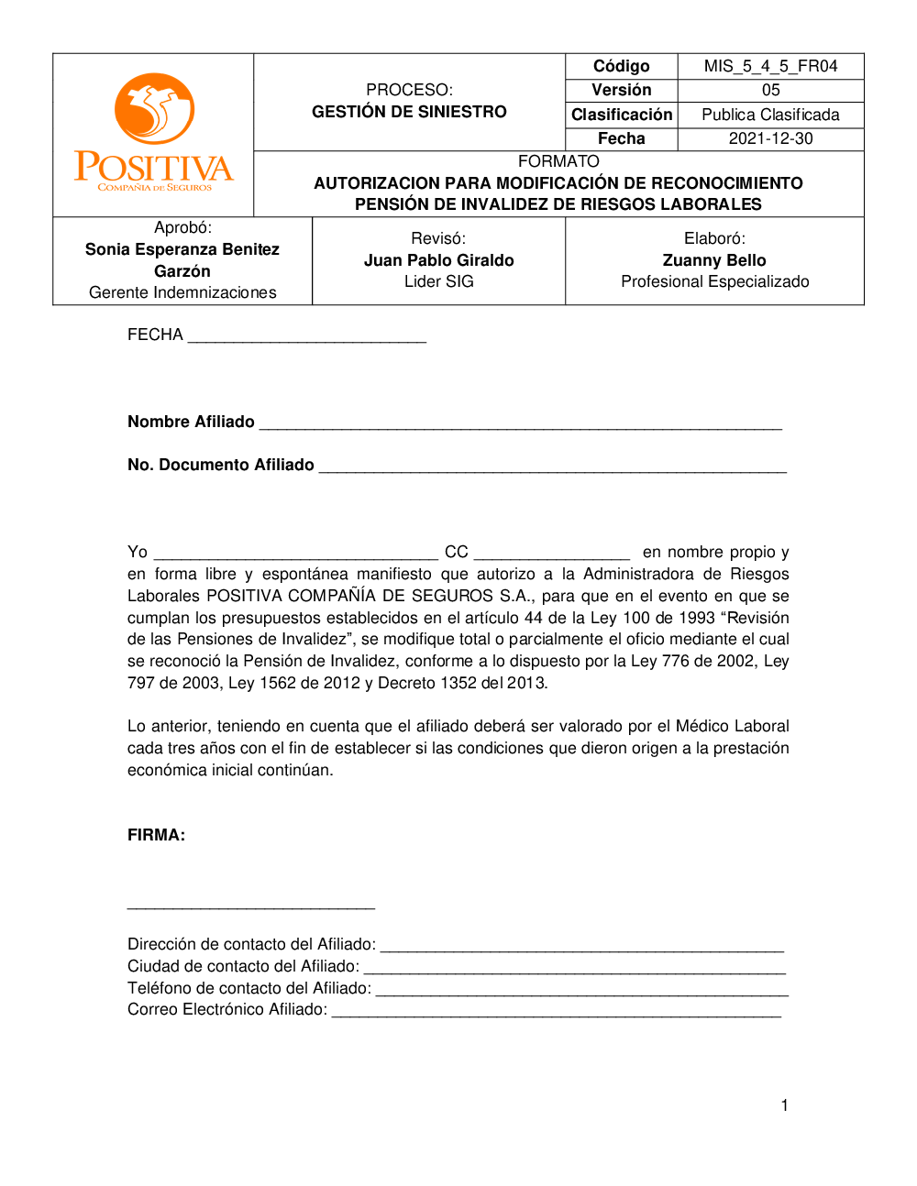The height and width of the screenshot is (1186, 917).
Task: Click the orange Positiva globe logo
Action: coord(154,108)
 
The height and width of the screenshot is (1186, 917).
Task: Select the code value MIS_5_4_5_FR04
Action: coord(770,66)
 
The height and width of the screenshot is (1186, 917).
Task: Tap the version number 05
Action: coord(770,90)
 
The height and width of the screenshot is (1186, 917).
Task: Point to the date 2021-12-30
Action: coord(770,138)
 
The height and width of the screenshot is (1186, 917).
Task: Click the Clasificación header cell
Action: coord(622,115)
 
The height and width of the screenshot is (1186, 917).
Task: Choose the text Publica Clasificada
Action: coord(770,115)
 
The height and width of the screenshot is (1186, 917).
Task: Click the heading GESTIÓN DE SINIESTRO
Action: coord(409,112)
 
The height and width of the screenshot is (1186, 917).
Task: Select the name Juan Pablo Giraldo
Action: coord(438,260)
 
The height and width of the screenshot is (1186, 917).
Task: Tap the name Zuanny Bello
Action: coord(714,260)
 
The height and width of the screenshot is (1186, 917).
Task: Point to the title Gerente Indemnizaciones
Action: coord(182,292)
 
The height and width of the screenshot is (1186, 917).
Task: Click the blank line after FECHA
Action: coord(306,338)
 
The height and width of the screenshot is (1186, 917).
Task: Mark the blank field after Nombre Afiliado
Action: coord(520,425)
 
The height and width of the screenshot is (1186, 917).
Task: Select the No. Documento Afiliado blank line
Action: coord(552,468)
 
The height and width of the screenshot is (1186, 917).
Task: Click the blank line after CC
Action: coord(551,555)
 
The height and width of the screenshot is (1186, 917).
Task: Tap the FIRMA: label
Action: coord(156,835)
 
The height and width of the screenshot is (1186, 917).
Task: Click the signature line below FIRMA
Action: coord(250,906)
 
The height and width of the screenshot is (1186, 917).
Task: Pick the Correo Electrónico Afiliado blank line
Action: coord(556,1013)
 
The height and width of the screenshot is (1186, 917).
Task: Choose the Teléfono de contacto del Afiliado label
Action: coord(249,988)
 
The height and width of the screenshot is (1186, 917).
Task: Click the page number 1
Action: coord(784,1105)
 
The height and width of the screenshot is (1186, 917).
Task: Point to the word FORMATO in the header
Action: coord(558,161)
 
